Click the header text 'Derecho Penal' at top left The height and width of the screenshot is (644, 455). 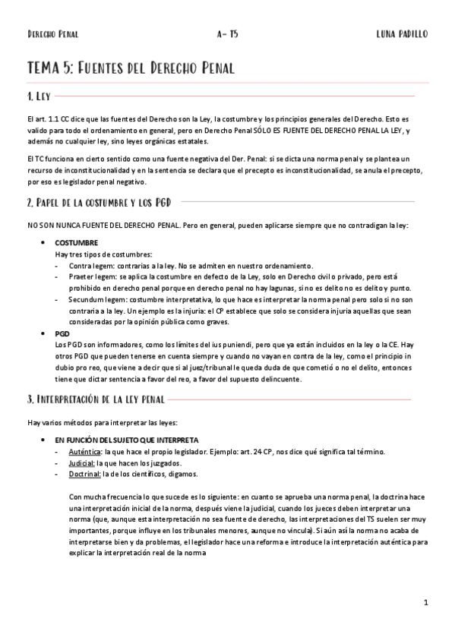click(x=52, y=34)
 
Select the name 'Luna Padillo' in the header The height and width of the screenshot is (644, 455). click(x=402, y=34)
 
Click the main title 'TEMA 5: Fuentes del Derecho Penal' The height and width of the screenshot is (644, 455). click(x=131, y=68)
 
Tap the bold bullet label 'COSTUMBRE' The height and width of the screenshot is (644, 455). click(x=76, y=242)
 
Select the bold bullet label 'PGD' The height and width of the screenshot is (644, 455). click(x=62, y=333)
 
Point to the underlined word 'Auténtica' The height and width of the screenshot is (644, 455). click(x=84, y=451)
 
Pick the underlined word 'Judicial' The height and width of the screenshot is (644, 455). click(x=81, y=462)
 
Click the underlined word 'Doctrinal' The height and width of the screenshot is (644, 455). click(x=84, y=474)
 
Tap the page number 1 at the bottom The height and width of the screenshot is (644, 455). click(x=427, y=603)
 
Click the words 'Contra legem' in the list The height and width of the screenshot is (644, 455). click(x=92, y=266)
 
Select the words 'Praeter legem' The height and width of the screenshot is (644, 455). click(x=93, y=277)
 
